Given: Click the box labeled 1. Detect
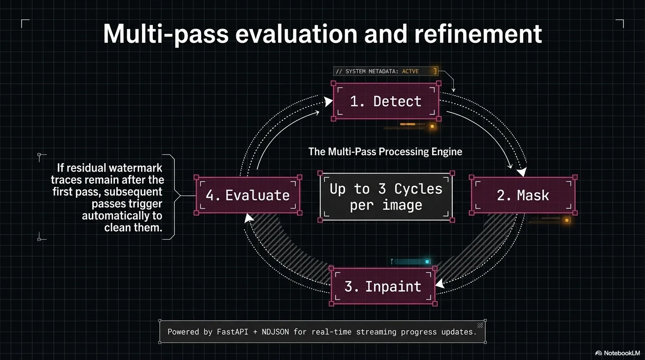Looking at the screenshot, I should tap(386, 101).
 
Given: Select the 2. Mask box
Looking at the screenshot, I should tap(523, 195).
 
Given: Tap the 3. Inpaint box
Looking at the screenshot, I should tap(383, 286).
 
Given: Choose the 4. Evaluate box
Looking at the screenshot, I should tap(248, 195).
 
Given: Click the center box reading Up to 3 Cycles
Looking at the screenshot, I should tap(386, 197).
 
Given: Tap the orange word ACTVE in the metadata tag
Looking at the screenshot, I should tap(410, 71).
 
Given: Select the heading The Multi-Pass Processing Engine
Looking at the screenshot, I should tap(385, 151).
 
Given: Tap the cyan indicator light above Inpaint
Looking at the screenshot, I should tap(427, 262).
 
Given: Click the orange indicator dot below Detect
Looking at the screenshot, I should tap(432, 126).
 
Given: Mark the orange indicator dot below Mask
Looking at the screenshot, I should tap(567, 220).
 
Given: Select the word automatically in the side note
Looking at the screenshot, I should tap(122, 216).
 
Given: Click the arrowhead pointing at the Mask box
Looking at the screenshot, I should tap(521, 172).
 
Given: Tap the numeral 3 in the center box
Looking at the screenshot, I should tap(382, 189).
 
